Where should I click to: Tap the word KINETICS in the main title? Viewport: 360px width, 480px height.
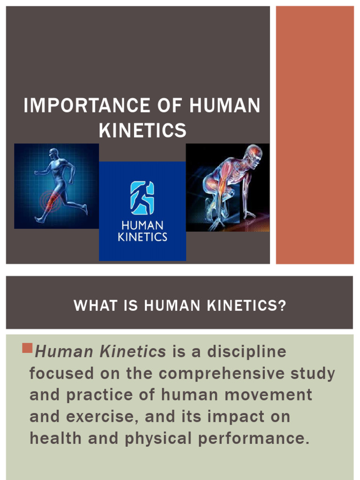click(142, 130)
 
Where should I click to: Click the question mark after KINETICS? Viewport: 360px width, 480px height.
click(282, 306)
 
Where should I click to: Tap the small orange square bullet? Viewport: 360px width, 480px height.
click(27, 348)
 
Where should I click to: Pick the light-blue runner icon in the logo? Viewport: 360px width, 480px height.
click(142, 198)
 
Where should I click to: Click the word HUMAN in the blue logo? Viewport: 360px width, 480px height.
click(142, 226)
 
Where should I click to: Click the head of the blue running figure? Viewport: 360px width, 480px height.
click(53, 153)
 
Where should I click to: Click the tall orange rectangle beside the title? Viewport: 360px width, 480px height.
click(315, 135)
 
